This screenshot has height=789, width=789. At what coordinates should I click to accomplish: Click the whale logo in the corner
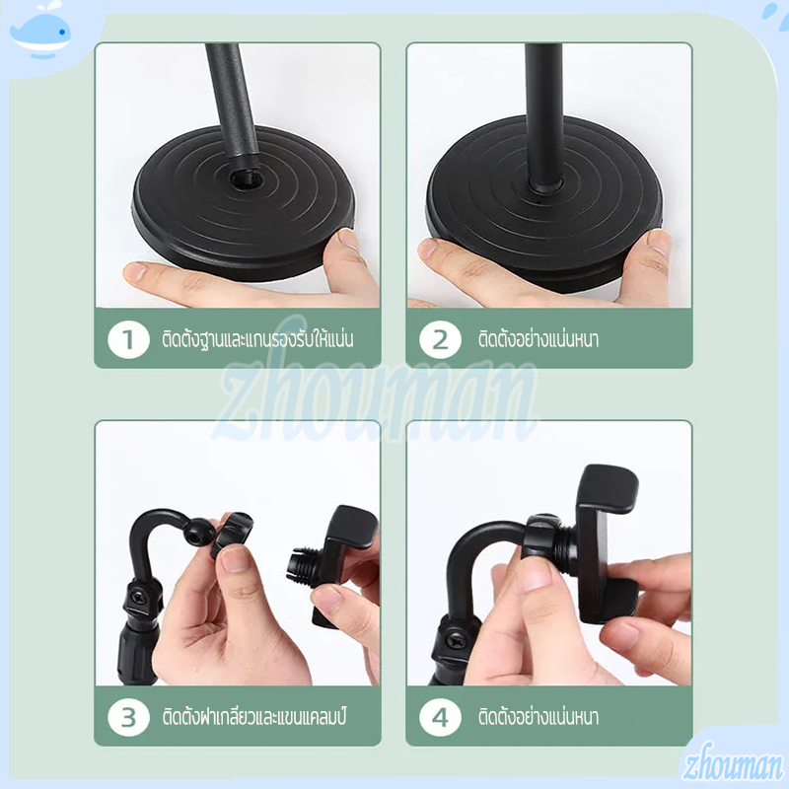click(40, 32)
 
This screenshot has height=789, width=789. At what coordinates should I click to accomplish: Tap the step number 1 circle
click(128, 339)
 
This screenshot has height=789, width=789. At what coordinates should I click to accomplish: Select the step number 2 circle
click(440, 339)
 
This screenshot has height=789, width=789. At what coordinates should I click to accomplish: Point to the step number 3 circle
click(128, 717)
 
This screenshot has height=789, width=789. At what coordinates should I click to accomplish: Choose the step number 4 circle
click(440, 717)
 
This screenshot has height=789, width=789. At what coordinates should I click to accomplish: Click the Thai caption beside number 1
click(257, 338)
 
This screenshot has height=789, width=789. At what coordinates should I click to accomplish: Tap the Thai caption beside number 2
click(538, 338)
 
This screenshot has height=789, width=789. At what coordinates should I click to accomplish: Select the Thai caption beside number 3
click(254, 716)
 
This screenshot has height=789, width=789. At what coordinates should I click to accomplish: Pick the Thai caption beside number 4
click(538, 716)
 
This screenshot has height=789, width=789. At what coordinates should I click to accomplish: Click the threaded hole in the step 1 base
click(245, 178)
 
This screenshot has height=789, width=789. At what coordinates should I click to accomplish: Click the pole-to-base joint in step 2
click(545, 185)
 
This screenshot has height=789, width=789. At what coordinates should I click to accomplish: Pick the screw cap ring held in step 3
click(231, 535)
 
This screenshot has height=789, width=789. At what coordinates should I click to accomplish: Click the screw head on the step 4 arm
click(458, 641)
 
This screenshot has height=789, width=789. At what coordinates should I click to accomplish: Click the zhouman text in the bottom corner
click(733, 763)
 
